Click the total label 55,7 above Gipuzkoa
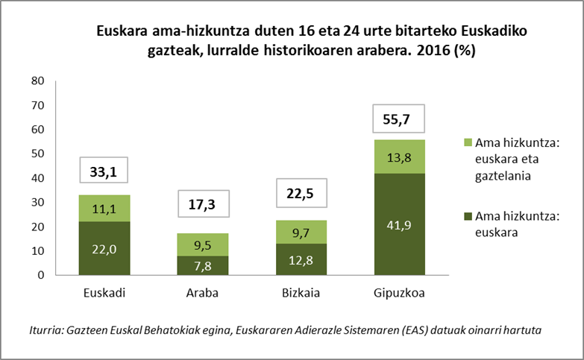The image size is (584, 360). click(398, 119)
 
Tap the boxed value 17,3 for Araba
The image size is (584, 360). click(202, 204)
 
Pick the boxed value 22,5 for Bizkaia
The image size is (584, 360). click(301, 194)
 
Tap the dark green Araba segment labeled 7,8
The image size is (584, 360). click(202, 265)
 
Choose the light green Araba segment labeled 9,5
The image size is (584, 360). click(202, 244)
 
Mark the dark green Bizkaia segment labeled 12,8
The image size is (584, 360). click(301, 259)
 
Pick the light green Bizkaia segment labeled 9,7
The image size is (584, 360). click(301, 232)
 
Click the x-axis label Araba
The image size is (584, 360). click(202, 293)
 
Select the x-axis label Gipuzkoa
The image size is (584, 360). click(398, 293)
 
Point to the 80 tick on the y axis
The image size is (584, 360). click(37, 81)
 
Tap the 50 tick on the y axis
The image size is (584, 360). click(37, 154)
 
